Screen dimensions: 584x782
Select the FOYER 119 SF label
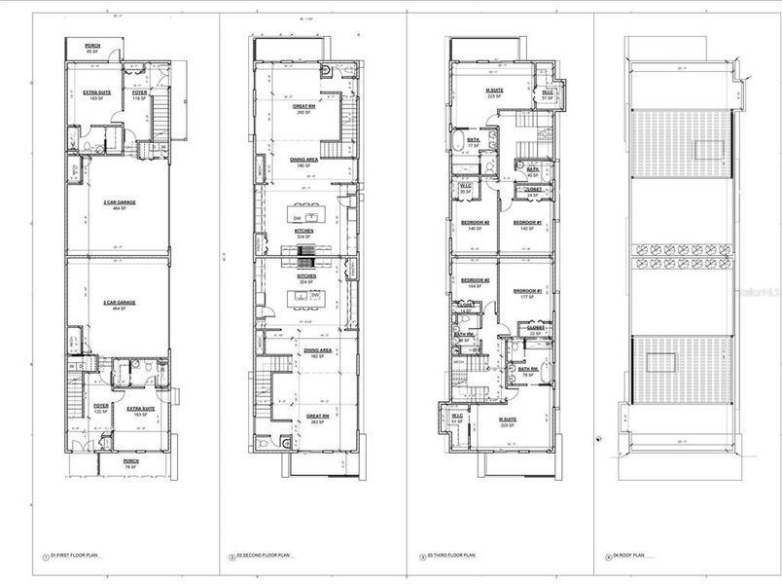139,95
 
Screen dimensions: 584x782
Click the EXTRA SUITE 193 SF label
95,95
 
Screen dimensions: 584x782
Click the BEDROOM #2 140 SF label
475,224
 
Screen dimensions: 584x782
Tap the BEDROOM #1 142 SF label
526,224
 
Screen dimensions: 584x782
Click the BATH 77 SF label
474,142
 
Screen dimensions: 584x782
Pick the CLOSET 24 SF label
533,192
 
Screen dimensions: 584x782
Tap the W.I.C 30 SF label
465,189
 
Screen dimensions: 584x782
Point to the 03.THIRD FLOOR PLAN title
451,557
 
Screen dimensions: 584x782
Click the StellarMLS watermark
760,291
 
